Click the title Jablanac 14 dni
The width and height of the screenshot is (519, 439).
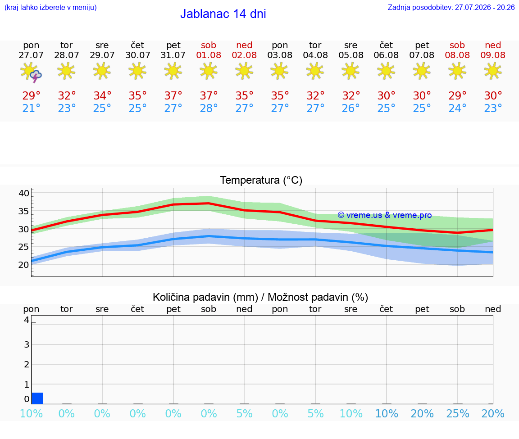(223, 14)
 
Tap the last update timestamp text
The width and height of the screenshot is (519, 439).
(451, 8)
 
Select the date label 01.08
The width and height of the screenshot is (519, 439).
(209, 55)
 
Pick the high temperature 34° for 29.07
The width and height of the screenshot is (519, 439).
(102, 95)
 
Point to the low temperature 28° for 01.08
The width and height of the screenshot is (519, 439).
(209, 108)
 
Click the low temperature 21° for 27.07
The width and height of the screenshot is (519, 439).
(31, 108)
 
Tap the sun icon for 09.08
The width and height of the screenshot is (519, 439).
(493, 71)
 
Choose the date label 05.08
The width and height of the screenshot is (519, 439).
(351, 55)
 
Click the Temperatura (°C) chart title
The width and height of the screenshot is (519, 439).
(261, 180)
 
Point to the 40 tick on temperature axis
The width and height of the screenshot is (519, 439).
(24, 193)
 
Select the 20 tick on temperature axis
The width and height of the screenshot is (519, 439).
(24, 265)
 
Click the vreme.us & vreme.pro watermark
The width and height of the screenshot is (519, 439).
(385, 215)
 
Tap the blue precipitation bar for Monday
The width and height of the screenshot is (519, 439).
(37, 398)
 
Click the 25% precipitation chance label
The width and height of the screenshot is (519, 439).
(457, 413)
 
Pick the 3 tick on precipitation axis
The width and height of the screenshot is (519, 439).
(27, 344)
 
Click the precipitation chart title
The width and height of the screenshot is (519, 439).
(260, 297)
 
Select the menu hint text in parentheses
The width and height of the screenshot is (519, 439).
(50, 8)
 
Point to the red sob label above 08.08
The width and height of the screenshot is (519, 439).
(457, 45)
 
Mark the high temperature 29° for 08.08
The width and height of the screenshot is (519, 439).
(457, 95)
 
